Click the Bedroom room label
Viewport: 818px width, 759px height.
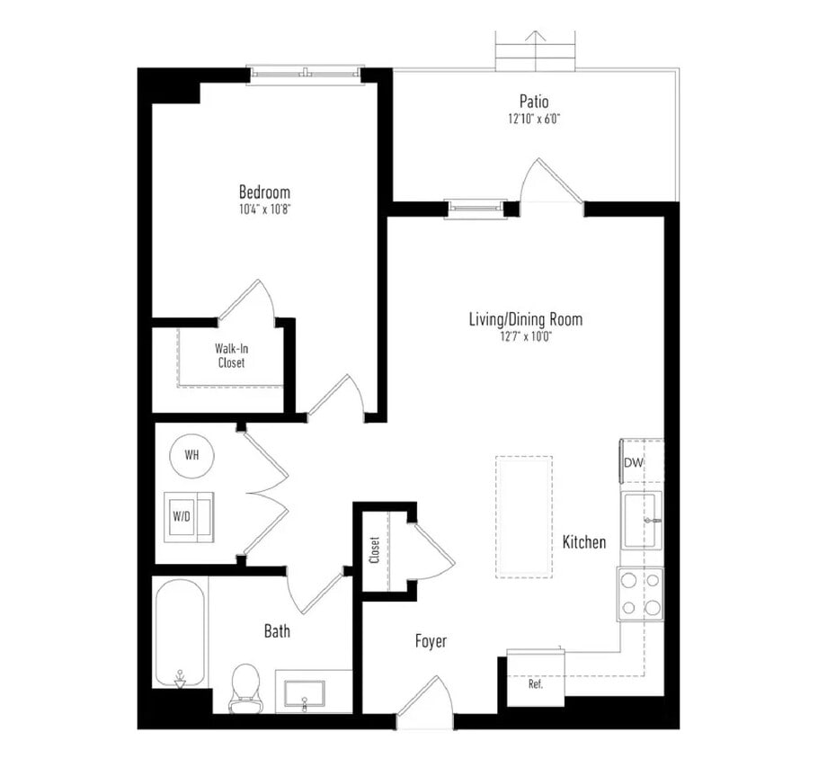pyautogui.click(x=264, y=192)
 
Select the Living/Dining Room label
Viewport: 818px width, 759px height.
pyautogui.click(x=525, y=319)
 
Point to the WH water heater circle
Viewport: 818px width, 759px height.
pyautogui.click(x=191, y=455)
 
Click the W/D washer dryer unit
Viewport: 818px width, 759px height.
pyautogui.click(x=188, y=516)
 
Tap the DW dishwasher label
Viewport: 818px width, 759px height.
pyautogui.click(x=634, y=462)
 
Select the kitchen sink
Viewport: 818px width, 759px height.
pyautogui.click(x=643, y=519)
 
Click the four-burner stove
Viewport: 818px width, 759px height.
pyautogui.click(x=640, y=594)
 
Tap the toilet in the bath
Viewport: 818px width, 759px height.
pyautogui.click(x=245, y=687)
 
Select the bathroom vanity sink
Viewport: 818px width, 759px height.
pyautogui.click(x=305, y=693)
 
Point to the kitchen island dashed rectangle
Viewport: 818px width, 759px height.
pyautogui.click(x=523, y=516)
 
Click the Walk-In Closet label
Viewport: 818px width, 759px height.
pyautogui.click(x=230, y=355)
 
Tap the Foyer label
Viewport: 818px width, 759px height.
pyautogui.click(x=431, y=641)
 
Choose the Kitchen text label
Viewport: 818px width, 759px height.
pyautogui.click(x=583, y=542)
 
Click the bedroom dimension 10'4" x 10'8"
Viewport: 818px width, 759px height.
pyautogui.click(x=264, y=209)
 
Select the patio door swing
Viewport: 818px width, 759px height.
pyautogui.click(x=549, y=183)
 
